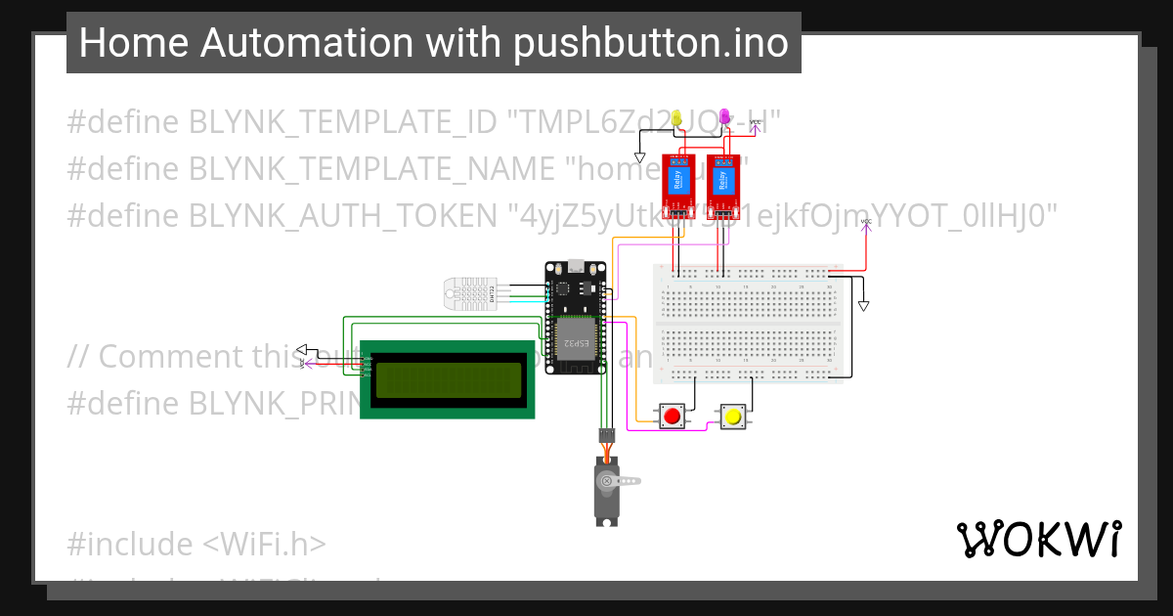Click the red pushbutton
click(x=672, y=417)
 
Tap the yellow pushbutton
click(x=732, y=418)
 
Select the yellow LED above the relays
click(x=676, y=117)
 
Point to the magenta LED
click(x=724, y=116)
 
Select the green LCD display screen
click(x=449, y=379)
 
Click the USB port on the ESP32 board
click(x=578, y=264)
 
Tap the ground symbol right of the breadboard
click(x=863, y=306)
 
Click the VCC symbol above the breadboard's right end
click(x=866, y=224)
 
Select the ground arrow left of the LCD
click(x=302, y=350)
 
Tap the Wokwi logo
click(x=1038, y=539)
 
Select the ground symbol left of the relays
click(x=640, y=156)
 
